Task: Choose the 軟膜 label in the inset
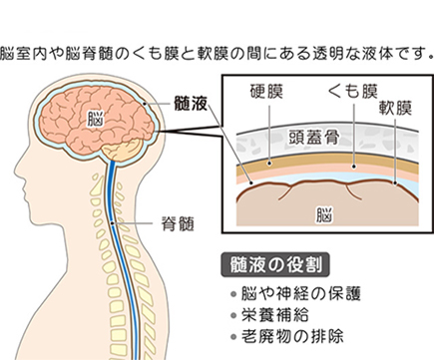(x=398, y=110)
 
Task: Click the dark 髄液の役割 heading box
(x=274, y=266)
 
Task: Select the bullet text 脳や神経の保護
(x=297, y=295)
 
